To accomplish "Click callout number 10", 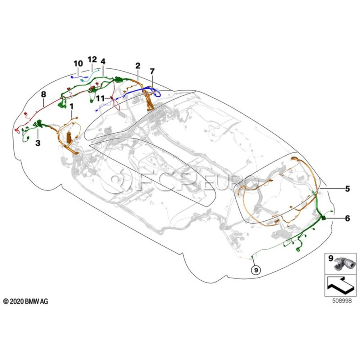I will (x=78, y=64).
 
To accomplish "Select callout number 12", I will (x=92, y=60).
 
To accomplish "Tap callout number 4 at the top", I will (x=103, y=62).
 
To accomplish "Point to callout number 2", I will (x=138, y=65).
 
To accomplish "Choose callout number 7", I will (x=152, y=71).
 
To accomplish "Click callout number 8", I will (x=43, y=94).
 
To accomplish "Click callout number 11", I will (x=100, y=98).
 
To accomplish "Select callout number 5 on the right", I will (x=347, y=188).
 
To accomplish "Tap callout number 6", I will (x=347, y=218).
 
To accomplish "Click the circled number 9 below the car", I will (x=256, y=270).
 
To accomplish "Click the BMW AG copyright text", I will (x=26, y=301).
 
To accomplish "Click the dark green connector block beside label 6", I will (x=323, y=218).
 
